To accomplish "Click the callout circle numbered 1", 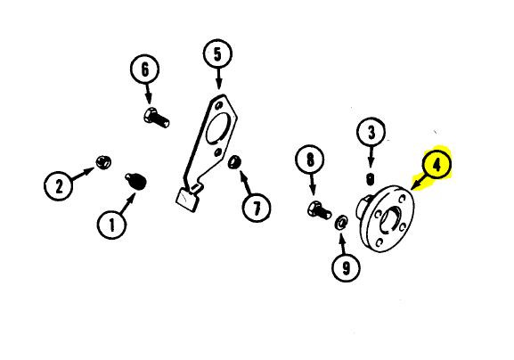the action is (111, 225).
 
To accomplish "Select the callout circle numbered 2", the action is (59, 186).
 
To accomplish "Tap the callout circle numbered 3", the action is (371, 133).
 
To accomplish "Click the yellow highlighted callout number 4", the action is (437, 165).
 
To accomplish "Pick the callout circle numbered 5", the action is (217, 54).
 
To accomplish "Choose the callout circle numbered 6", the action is (145, 70).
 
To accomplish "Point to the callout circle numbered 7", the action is (257, 208).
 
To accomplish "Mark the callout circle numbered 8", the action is (310, 160).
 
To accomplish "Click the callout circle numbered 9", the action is (346, 268).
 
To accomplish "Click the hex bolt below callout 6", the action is (157, 118).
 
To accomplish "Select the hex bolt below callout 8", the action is (320, 210).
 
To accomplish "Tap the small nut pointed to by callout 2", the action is (103, 162).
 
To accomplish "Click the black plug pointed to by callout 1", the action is (135, 182).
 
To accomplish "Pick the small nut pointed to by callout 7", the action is (234, 162).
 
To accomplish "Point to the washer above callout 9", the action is (341, 224).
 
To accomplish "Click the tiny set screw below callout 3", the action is (371, 179).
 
